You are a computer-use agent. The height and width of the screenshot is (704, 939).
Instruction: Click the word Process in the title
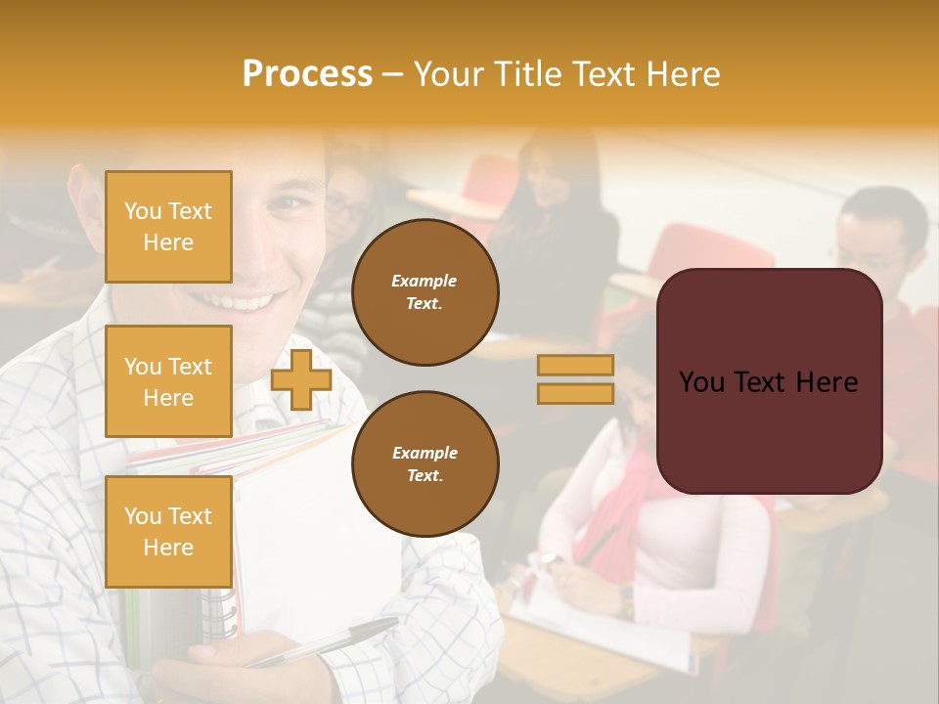point(307,74)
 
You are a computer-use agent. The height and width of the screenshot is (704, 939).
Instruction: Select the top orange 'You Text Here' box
point(168,227)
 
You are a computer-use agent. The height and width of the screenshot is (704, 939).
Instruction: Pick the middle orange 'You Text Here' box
point(168,381)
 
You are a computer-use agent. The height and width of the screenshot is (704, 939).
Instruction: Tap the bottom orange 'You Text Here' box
point(168,531)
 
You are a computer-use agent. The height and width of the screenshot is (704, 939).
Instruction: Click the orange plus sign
point(301,379)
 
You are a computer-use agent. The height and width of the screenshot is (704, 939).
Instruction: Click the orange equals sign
point(575,379)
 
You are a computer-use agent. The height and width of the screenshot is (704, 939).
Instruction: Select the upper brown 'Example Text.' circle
point(425,292)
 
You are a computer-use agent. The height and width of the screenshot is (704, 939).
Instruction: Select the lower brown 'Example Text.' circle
point(425,464)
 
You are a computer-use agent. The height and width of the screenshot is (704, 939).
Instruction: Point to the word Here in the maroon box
point(827,382)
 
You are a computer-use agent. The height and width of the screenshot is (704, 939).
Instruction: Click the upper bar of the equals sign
point(575,365)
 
